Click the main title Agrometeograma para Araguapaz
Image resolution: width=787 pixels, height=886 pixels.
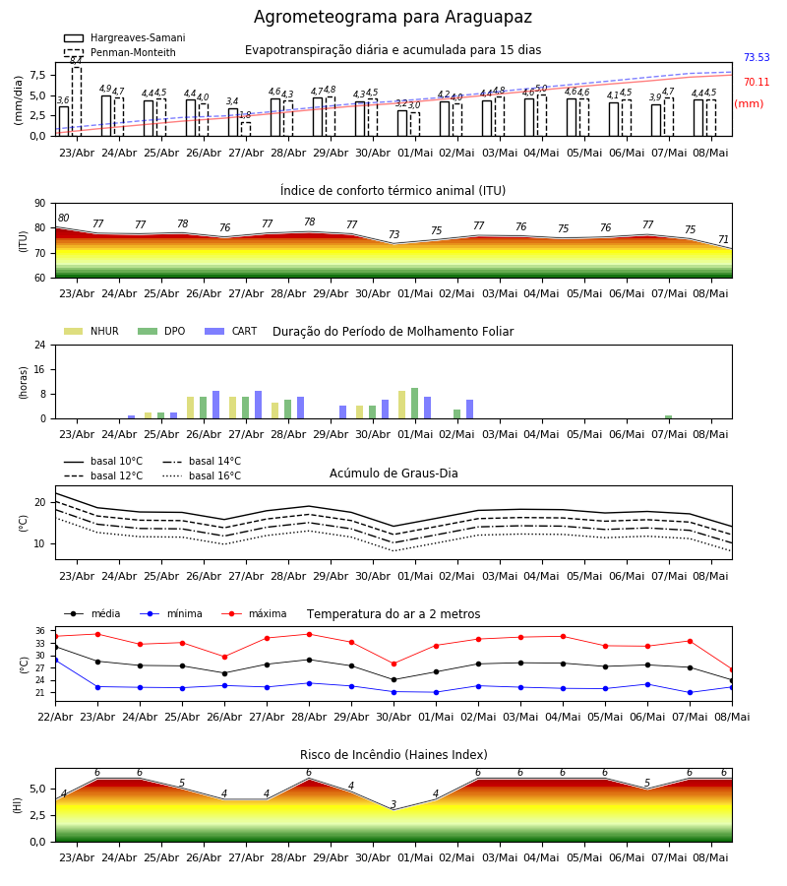393,17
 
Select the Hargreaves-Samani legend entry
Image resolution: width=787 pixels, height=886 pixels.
124,37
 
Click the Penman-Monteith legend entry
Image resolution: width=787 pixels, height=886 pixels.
120,52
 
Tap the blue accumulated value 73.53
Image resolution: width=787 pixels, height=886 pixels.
757,58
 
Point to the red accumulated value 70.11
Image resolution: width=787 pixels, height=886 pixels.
757,83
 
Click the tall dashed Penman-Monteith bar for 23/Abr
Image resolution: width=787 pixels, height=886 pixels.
76,101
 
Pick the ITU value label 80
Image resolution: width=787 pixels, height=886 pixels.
63,219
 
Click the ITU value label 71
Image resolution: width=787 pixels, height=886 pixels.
723,239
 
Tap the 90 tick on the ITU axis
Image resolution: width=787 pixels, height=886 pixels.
40,204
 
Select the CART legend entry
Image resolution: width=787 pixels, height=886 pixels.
231,331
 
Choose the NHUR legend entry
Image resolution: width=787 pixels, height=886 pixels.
91,331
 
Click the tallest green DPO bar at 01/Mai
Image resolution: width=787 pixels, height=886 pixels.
415,404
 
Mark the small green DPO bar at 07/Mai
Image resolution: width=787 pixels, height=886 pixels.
668,417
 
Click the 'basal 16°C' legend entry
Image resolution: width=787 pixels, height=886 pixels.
202,475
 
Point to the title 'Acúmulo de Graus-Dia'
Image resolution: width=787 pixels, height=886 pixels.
393,474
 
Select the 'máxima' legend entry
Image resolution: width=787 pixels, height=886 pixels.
254,613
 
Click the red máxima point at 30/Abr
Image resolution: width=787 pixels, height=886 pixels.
394,664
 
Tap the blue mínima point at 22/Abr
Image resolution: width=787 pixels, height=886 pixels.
55,660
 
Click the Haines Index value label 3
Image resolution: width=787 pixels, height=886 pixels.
393,804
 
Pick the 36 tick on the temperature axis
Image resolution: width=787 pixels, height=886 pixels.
40,631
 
